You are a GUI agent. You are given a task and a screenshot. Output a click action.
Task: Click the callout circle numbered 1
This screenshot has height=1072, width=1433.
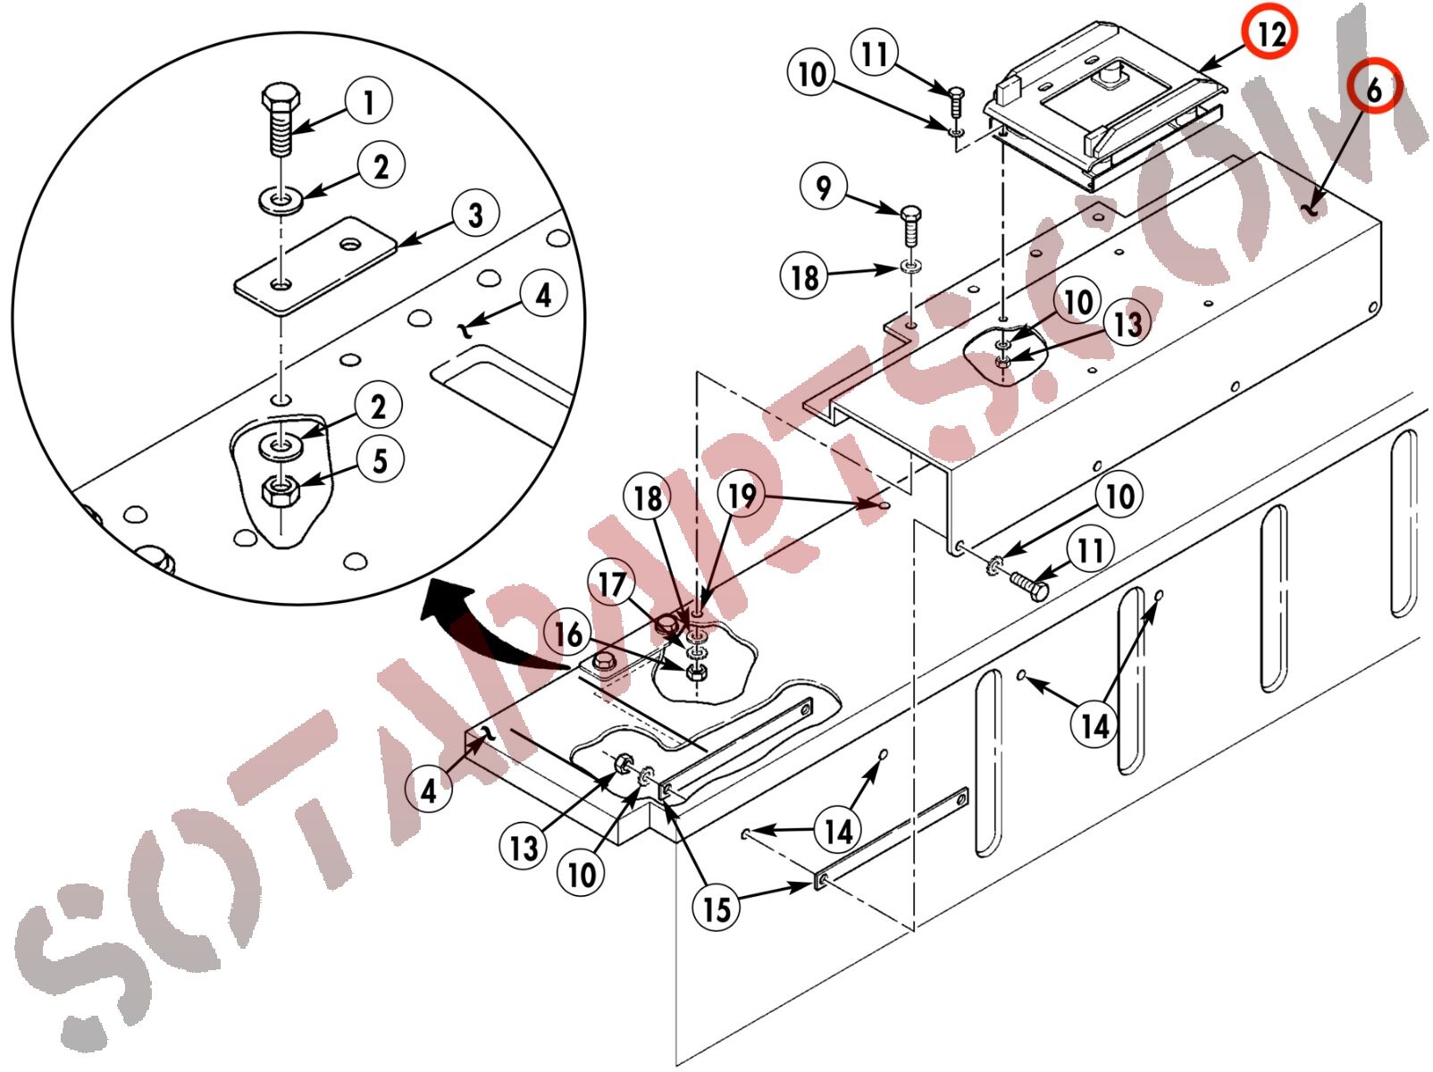pos(369,102)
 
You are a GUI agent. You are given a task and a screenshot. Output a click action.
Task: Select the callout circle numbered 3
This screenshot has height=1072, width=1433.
pos(476,214)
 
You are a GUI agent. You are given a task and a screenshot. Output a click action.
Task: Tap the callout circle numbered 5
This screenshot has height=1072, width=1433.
pos(380,460)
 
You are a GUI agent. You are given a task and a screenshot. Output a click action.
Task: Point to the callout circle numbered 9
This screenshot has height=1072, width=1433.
pos(824,187)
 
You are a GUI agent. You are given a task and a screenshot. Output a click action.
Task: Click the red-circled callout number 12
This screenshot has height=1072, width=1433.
pos(1270,33)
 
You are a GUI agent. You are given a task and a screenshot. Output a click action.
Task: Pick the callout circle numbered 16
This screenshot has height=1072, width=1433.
pos(568,634)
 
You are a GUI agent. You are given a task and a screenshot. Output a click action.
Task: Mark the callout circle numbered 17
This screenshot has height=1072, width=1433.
pos(612,584)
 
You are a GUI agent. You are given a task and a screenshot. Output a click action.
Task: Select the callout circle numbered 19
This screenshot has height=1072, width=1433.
pos(742,496)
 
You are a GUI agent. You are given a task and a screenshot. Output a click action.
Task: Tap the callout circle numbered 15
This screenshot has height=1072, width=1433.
pos(716,909)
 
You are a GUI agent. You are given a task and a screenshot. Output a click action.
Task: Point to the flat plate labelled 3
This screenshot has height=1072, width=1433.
pos(315,265)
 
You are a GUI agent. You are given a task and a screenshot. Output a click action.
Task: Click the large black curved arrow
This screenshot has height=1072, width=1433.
pos(483,627)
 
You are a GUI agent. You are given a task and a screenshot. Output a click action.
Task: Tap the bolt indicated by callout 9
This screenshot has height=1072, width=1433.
pos(910,224)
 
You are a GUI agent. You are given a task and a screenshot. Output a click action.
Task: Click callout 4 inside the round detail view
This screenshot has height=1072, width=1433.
pos(544,295)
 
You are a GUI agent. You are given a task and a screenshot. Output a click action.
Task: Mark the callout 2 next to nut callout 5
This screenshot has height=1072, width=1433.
pos(379,406)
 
